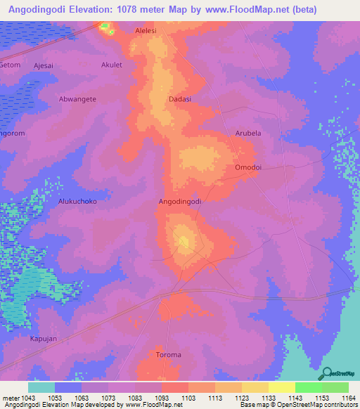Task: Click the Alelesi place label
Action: click(x=146, y=32)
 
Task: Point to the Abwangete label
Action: click(x=77, y=99)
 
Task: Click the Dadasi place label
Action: click(x=180, y=99)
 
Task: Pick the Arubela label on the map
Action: click(x=247, y=133)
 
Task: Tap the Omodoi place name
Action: click(x=247, y=167)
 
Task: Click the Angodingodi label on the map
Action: click(x=181, y=201)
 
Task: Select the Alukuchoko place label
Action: click(x=77, y=201)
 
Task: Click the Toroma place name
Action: click(x=169, y=355)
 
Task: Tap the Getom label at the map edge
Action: click(x=10, y=65)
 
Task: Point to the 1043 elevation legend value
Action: click(x=28, y=397)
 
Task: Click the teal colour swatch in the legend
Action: click(x=41, y=387)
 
